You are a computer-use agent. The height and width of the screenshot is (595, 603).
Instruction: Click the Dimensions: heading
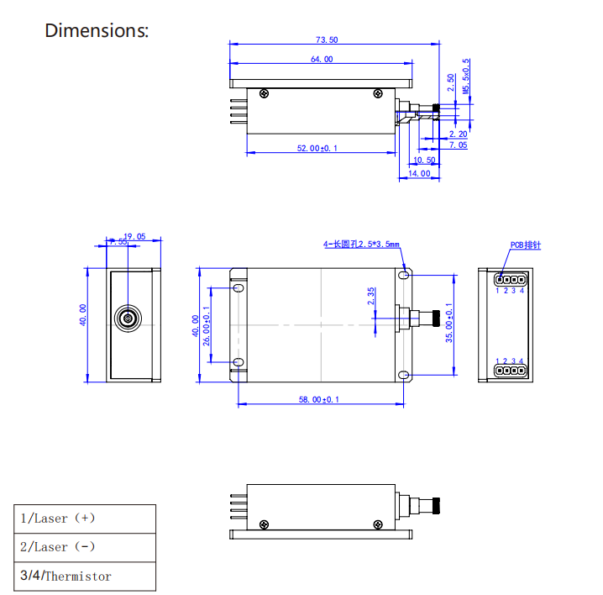click(x=97, y=31)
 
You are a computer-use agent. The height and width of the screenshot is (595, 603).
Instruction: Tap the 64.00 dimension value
click(x=321, y=59)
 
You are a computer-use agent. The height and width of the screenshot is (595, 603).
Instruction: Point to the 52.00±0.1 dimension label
click(x=317, y=148)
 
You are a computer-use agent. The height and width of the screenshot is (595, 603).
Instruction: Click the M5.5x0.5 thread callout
click(x=467, y=76)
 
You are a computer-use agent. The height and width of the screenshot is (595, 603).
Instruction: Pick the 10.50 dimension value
click(x=425, y=161)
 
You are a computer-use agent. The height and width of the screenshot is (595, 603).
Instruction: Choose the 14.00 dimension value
click(x=419, y=173)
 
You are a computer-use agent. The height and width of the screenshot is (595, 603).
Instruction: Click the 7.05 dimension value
click(x=458, y=145)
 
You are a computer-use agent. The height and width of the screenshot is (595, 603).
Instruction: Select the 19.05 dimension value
click(x=134, y=237)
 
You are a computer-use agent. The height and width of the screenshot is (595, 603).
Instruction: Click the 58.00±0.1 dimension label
click(x=319, y=400)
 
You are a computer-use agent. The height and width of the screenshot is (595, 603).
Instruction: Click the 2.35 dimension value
click(x=371, y=297)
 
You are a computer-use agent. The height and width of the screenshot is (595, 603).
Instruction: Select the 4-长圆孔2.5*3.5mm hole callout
click(x=362, y=245)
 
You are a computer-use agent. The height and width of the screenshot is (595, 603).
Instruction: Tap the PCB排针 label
click(x=525, y=245)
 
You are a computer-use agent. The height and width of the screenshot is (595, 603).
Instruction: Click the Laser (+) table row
click(x=84, y=519)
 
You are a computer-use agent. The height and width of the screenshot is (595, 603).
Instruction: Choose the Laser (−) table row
click(x=84, y=547)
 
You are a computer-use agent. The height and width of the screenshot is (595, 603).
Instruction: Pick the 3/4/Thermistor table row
click(x=84, y=576)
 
